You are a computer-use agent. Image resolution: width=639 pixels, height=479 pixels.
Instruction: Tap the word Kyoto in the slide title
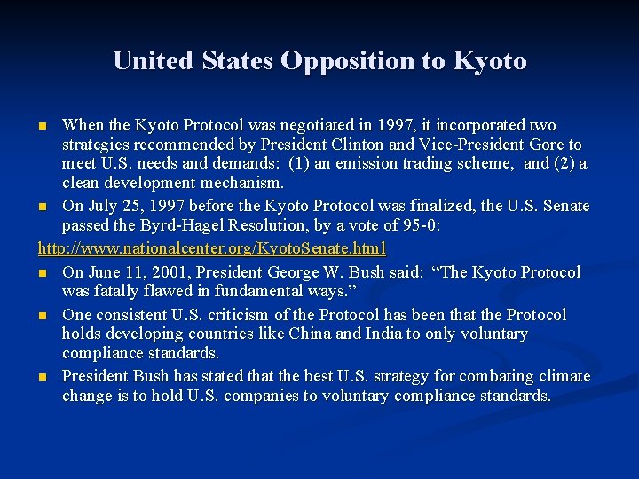pos(490,60)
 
